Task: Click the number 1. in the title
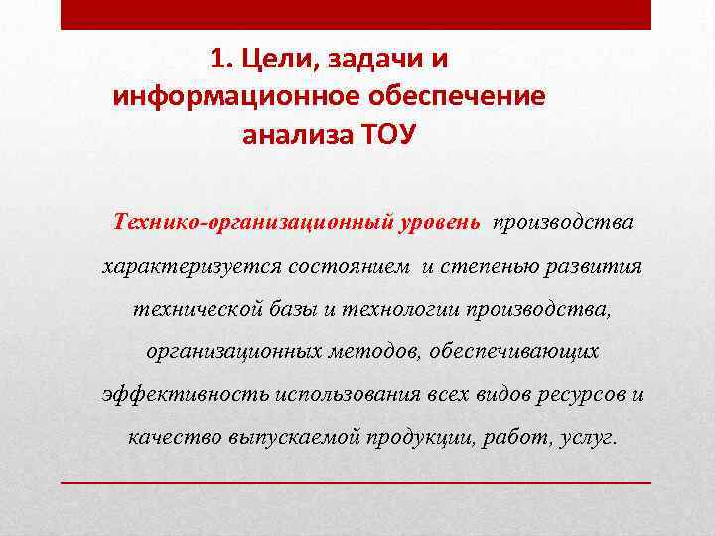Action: coord(220,60)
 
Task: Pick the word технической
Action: coord(190,309)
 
